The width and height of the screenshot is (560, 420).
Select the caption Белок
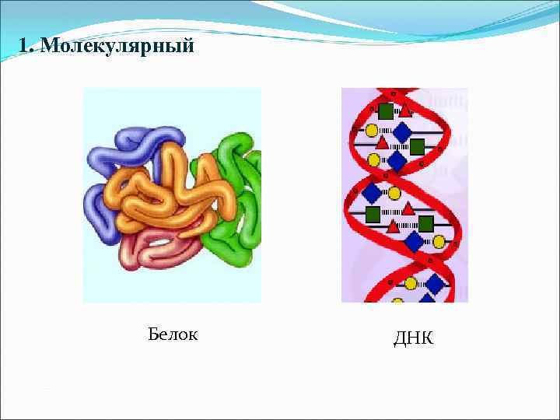pyautogui.click(x=173, y=334)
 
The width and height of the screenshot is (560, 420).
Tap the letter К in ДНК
pyautogui.click(x=426, y=338)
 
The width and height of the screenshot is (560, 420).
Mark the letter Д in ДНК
pyautogui.click(x=400, y=338)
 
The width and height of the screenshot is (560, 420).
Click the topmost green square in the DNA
pyautogui.click(x=385, y=110)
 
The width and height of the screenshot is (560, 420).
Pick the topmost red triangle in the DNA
pyautogui.click(x=404, y=111)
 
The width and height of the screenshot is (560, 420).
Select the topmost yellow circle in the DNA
pyautogui.click(x=372, y=131)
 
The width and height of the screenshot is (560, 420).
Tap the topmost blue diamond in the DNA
pyautogui.click(x=401, y=132)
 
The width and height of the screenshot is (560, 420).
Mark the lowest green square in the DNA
pyautogui.click(x=425, y=225)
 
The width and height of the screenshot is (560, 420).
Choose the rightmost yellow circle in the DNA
pyautogui.click(x=439, y=242)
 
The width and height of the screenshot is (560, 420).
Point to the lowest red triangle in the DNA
pyautogui.click(x=394, y=226)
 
